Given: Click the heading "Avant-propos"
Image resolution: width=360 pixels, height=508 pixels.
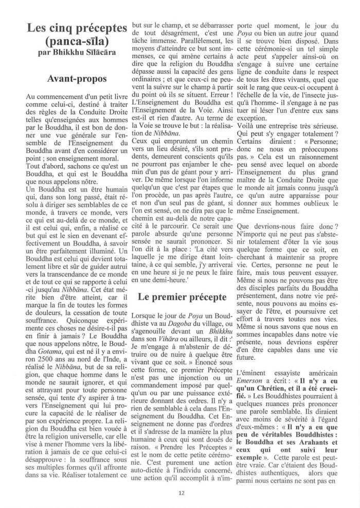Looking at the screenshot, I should pos(77,79).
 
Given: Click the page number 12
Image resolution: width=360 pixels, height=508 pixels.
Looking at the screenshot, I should pos(181,492).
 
